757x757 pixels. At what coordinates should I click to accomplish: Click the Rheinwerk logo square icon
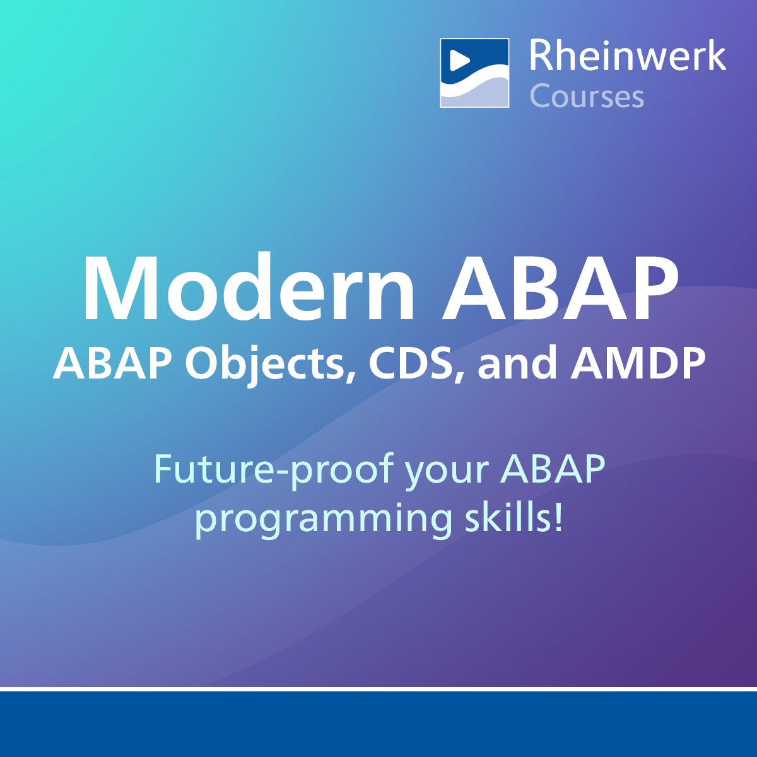coord(474,73)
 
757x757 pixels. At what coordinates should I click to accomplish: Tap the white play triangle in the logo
coord(459,61)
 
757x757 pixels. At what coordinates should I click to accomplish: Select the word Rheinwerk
coord(627,56)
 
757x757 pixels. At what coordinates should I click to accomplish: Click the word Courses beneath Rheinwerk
coord(587,96)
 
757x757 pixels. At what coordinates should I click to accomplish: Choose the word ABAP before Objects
coord(112,364)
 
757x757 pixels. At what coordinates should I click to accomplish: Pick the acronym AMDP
coord(638,364)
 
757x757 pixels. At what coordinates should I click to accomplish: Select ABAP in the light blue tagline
coord(553,469)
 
